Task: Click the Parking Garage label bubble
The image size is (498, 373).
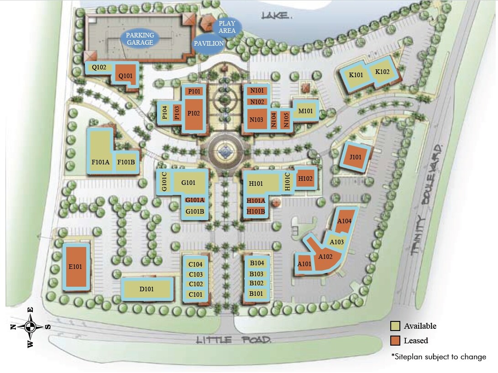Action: [x=140, y=39]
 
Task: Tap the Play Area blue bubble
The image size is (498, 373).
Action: [x=227, y=27]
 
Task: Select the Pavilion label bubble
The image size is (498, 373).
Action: [x=209, y=44]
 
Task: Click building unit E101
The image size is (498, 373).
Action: [x=76, y=266]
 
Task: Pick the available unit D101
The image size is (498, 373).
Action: [x=147, y=289]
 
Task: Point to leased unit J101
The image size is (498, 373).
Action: [x=355, y=158]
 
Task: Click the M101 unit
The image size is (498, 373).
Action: [x=305, y=110]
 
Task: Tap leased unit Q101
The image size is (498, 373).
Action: [x=125, y=75]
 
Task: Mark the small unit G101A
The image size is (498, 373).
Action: [x=195, y=200]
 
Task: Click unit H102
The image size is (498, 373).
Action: [x=305, y=179]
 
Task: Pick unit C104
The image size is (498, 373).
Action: [x=195, y=264]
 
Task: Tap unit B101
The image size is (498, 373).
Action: [x=257, y=294]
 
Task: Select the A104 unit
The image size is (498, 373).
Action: [x=344, y=221]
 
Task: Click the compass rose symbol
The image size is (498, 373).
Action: [x=30, y=326]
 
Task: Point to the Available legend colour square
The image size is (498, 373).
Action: [x=395, y=326]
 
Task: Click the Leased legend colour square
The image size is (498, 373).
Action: [x=395, y=341]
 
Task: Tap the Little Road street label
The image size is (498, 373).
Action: [x=234, y=340]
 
